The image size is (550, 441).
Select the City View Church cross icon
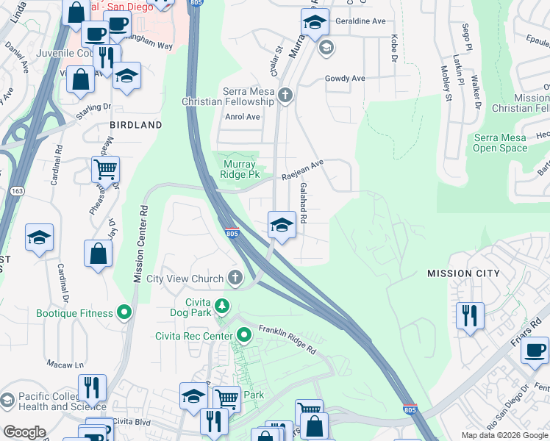tap(235, 278)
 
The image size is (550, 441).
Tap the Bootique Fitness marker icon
tap(125, 313)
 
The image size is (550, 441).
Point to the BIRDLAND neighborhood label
tap(136, 126)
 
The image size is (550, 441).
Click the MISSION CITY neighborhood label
tap(463, 273)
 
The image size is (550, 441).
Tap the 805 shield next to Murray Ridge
tap(232, 233)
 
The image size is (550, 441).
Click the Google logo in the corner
tap(24, 432)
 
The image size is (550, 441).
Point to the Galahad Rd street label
tap(301, 204)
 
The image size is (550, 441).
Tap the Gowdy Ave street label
tap(345, 78)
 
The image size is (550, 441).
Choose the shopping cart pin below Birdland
tap(106, 169)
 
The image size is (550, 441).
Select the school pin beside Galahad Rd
tap(281, 225)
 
